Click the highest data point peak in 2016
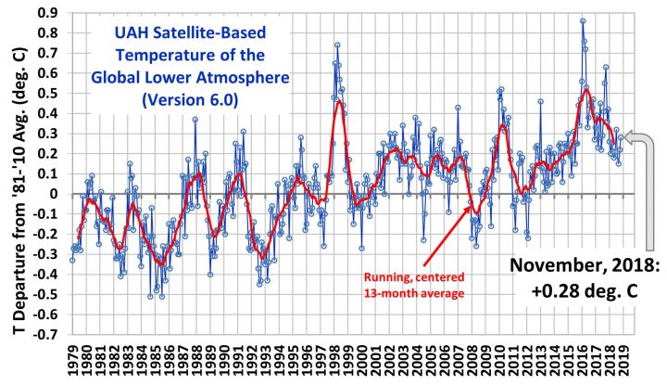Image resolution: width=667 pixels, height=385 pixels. (583, 20)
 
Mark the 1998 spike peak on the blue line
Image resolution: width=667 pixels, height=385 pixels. (337, 45)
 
